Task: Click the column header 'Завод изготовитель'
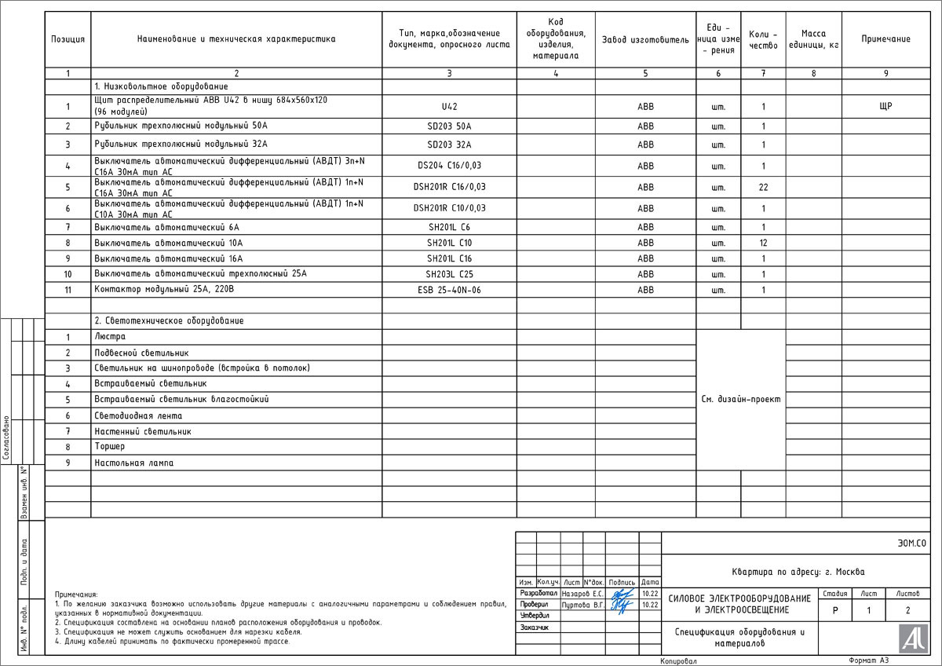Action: [x=645, y=39]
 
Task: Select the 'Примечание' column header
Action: [x=885, y=39]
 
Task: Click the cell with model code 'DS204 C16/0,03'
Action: [x=449, y=166]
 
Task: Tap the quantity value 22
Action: [x=763, y=187]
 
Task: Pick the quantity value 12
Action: [x=763, y=243]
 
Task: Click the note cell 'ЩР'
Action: [x=885, y=106]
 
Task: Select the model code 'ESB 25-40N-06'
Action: [x=449, y=290]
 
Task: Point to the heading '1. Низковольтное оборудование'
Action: [x=161, y=86]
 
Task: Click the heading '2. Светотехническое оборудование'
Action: [x=169, y=320]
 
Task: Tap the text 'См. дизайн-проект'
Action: [x=741, y=399]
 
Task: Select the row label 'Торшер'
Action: [x=109, y=446]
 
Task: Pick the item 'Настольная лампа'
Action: [x=134, y=463]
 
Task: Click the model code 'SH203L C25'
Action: [x=449, y=274]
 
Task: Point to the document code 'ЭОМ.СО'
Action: [x=911, y=543]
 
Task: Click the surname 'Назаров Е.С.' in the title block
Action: [x=582, y=594]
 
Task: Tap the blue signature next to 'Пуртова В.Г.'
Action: [x=622, y=606]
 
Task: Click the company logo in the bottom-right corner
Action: [x=911, y=637]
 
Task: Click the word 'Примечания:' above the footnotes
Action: [x=76, y=595]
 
